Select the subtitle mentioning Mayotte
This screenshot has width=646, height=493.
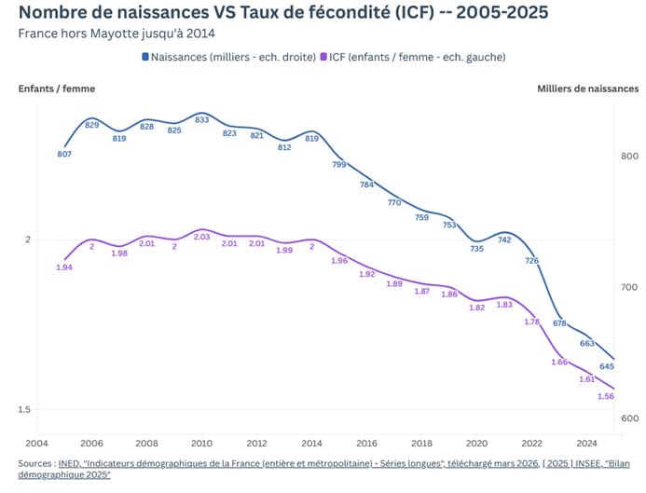click(x=117, y=34)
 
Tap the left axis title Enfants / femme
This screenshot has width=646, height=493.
click(x=57, y=89)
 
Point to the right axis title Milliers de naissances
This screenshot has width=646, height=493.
click(x=588, y=89)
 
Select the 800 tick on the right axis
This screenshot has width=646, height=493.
click(x=629, y=157)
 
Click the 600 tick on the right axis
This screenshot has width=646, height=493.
click(x=629, y=419)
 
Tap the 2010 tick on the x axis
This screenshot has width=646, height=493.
click(x=201, y=444)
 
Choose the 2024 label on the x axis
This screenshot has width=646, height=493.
click(x=586, y=444)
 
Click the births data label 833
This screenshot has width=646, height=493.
click(x=202, y=120)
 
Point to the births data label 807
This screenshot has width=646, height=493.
click(x=64, y=154)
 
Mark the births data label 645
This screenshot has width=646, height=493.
click(x=606, y=365)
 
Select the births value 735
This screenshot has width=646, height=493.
click(x=476, y=249)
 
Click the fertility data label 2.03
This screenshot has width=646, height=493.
click(x=202, y=237)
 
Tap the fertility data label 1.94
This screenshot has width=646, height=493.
click(x=64, y=267)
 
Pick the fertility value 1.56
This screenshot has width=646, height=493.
click(x=606, y=396)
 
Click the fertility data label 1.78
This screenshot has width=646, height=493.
click(x=532, y=322)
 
